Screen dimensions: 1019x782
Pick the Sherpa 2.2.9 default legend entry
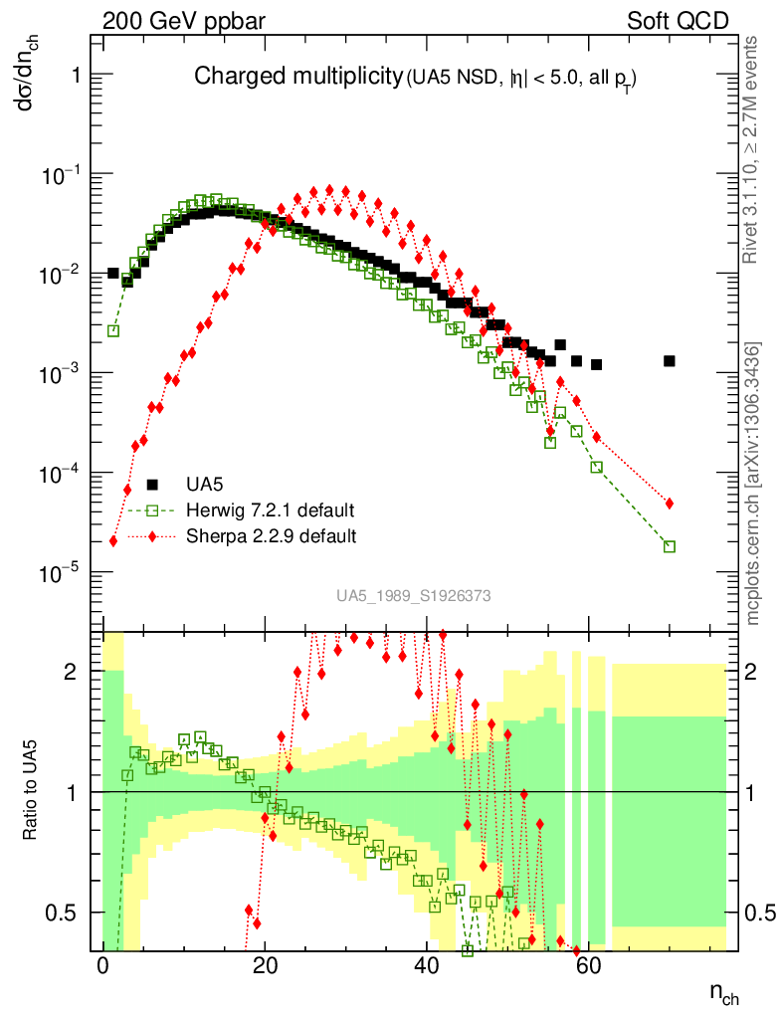tap(271, 536)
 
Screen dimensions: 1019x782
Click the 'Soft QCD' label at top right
tap(679, 21)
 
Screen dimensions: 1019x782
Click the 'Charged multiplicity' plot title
tap(296, 78)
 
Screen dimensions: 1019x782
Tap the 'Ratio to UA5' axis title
tap(32, 791)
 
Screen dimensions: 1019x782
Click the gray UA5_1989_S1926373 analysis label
tap(413, 596)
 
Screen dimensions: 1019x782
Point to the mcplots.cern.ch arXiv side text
tap(755, 484)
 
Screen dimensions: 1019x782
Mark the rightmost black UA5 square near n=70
tap(670, 360)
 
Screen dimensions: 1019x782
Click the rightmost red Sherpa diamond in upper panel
tap(670, 504)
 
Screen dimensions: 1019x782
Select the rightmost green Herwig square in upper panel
tap(670, 546)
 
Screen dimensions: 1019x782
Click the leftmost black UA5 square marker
tap(112, 273)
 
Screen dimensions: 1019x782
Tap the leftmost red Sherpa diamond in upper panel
tap(113, 541)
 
